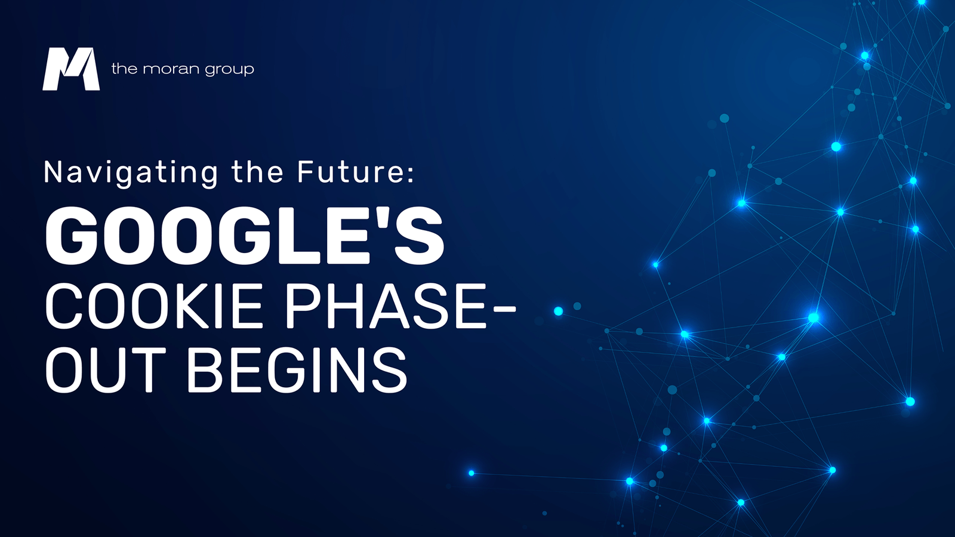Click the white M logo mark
(x=71, y=69)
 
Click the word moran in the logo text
(x=171, y=69)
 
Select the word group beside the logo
(x=230, y=70)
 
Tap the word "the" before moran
(x=124, y=69)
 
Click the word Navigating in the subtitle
(x=131, y=173)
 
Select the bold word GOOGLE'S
(x=245, y=236)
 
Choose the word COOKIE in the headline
(x=154, y=306)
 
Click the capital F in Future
(x=306, y=172)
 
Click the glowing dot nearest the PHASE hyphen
(x=558, y=311)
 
